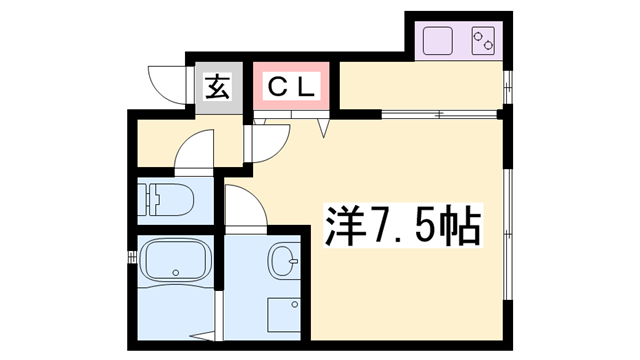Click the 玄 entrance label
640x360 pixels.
coord(218,87)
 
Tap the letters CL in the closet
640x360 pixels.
coord(290,87)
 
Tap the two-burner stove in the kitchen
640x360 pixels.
coord(483,41)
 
